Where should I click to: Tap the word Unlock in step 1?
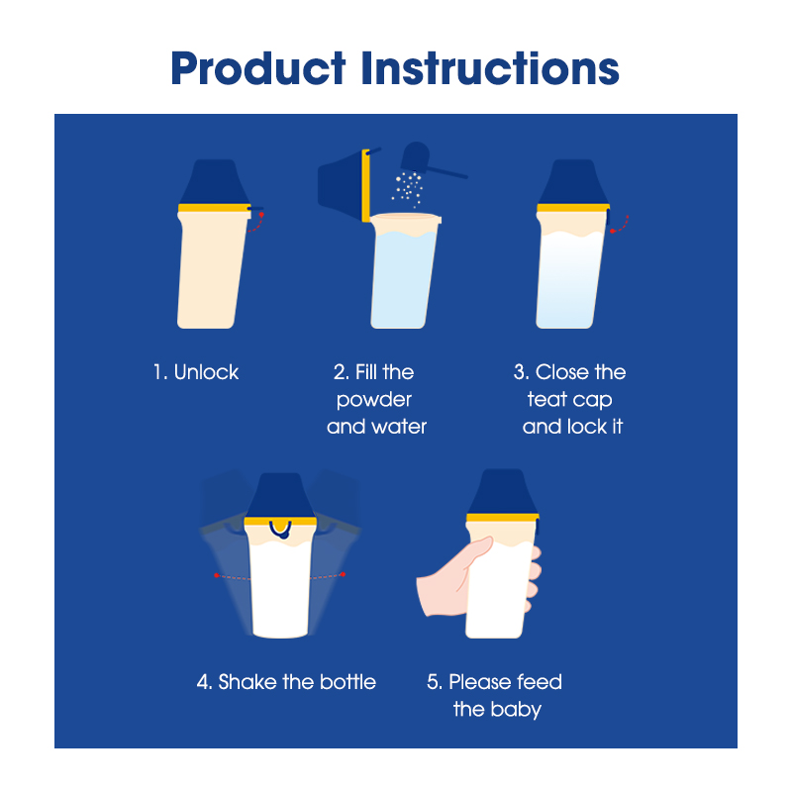tap(206, 372)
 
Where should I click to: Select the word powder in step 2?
tap(374, 401)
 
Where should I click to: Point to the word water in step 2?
tap(400, 427)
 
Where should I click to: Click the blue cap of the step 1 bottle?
tap(215, 182)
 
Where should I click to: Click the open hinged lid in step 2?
tap(345, 185)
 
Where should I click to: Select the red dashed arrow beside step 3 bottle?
tap(621, 226)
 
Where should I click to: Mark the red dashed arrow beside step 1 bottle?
tap(257, 223)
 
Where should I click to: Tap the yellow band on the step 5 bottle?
tap(503, 517)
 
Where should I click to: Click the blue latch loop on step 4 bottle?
tap(280, 530)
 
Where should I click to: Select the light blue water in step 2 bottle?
tap(403, 279)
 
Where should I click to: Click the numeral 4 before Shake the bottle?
tap(204, 682)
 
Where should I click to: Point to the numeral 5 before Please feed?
tap(435, 682)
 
